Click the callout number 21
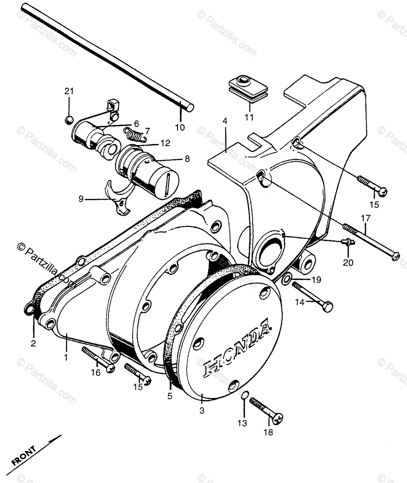tap(69, 91)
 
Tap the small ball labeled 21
tap(69, 120)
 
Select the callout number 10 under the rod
tap(180, 128)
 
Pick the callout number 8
tap(187, 159)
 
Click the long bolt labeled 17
tap(370, 242)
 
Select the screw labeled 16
tap(98, 358)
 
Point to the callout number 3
tap(202, 411)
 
